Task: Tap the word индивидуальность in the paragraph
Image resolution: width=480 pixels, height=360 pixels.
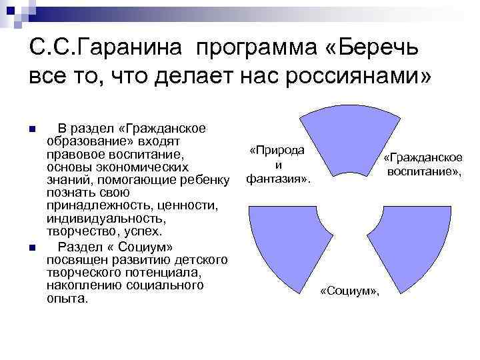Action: click(105, 218)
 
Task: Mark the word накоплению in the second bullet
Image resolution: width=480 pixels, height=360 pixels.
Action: click(79, 286)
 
